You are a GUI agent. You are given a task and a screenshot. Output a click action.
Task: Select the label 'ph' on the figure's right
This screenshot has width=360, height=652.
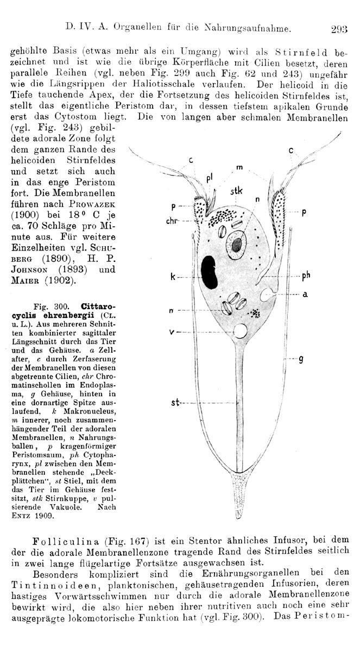tap(306, 275)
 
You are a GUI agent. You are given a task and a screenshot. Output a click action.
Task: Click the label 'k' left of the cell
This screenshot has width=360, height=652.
tap(172, 277)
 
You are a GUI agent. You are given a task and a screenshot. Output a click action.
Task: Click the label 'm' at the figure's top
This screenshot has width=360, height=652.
tap(239, 166)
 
